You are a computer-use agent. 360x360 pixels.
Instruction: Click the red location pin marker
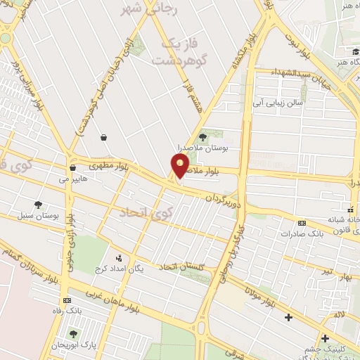tap(180, 166)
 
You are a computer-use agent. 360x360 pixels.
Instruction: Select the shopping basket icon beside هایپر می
tap(73, 168)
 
